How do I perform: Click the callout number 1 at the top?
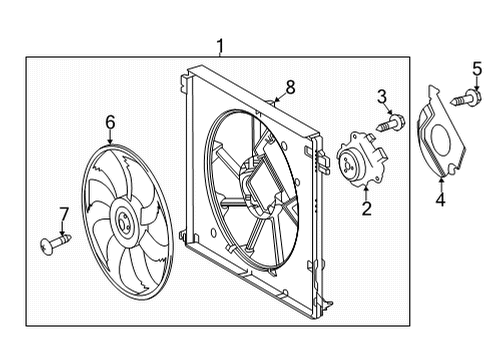click(x=221, y=44)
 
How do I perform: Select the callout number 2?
click(x=367, y=208)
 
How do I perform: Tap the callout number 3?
click(x=382, y=96)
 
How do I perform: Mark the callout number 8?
click(x=290, y=88)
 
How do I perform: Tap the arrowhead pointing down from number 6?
click(x=110, y=140)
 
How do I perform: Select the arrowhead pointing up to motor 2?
click(x=367, y=189)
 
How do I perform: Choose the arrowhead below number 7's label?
click(x=63, y=231)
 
